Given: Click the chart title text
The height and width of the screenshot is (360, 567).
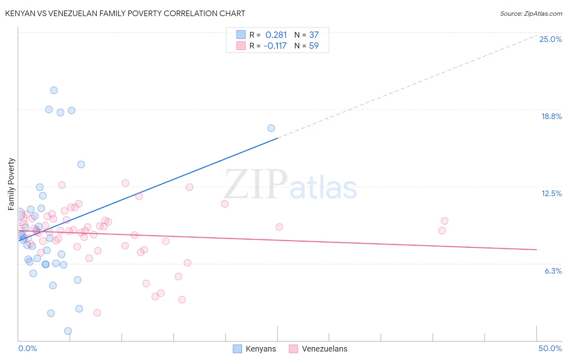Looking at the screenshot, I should pos(125,13).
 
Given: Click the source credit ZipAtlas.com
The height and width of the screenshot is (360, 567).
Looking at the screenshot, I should pos(531,14).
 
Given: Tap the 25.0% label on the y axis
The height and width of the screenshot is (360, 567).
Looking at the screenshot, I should pos(550,39).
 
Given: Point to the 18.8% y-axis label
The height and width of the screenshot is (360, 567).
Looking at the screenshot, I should pos(551,116).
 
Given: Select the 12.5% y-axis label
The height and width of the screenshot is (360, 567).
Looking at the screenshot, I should pos(551,193).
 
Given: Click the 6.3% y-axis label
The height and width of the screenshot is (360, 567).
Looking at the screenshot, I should pos(553,271).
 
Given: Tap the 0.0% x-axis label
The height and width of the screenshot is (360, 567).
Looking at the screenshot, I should pos(27,348).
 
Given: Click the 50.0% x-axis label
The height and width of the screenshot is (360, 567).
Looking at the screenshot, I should pos(550,348).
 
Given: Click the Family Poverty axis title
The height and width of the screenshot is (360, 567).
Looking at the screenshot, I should pos(11,184).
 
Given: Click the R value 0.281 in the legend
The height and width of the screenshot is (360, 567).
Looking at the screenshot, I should pos(276,35).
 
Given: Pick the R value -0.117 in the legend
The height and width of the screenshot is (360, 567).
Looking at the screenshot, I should pos(275,46).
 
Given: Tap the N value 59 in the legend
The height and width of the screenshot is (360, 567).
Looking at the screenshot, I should pos(313,46).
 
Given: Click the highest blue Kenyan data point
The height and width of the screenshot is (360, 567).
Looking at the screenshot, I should pos(54,90).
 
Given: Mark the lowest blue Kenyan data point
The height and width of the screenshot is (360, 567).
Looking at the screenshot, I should pos(68,331).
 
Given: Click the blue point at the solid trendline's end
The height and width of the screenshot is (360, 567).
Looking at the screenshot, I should pos(271,128).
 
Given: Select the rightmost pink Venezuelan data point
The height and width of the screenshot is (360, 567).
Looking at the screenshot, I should pos(444,221).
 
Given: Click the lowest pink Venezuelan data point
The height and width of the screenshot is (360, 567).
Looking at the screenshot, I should pos(97,313).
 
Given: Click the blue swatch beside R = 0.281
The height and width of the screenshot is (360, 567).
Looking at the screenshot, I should pos(241,35).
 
